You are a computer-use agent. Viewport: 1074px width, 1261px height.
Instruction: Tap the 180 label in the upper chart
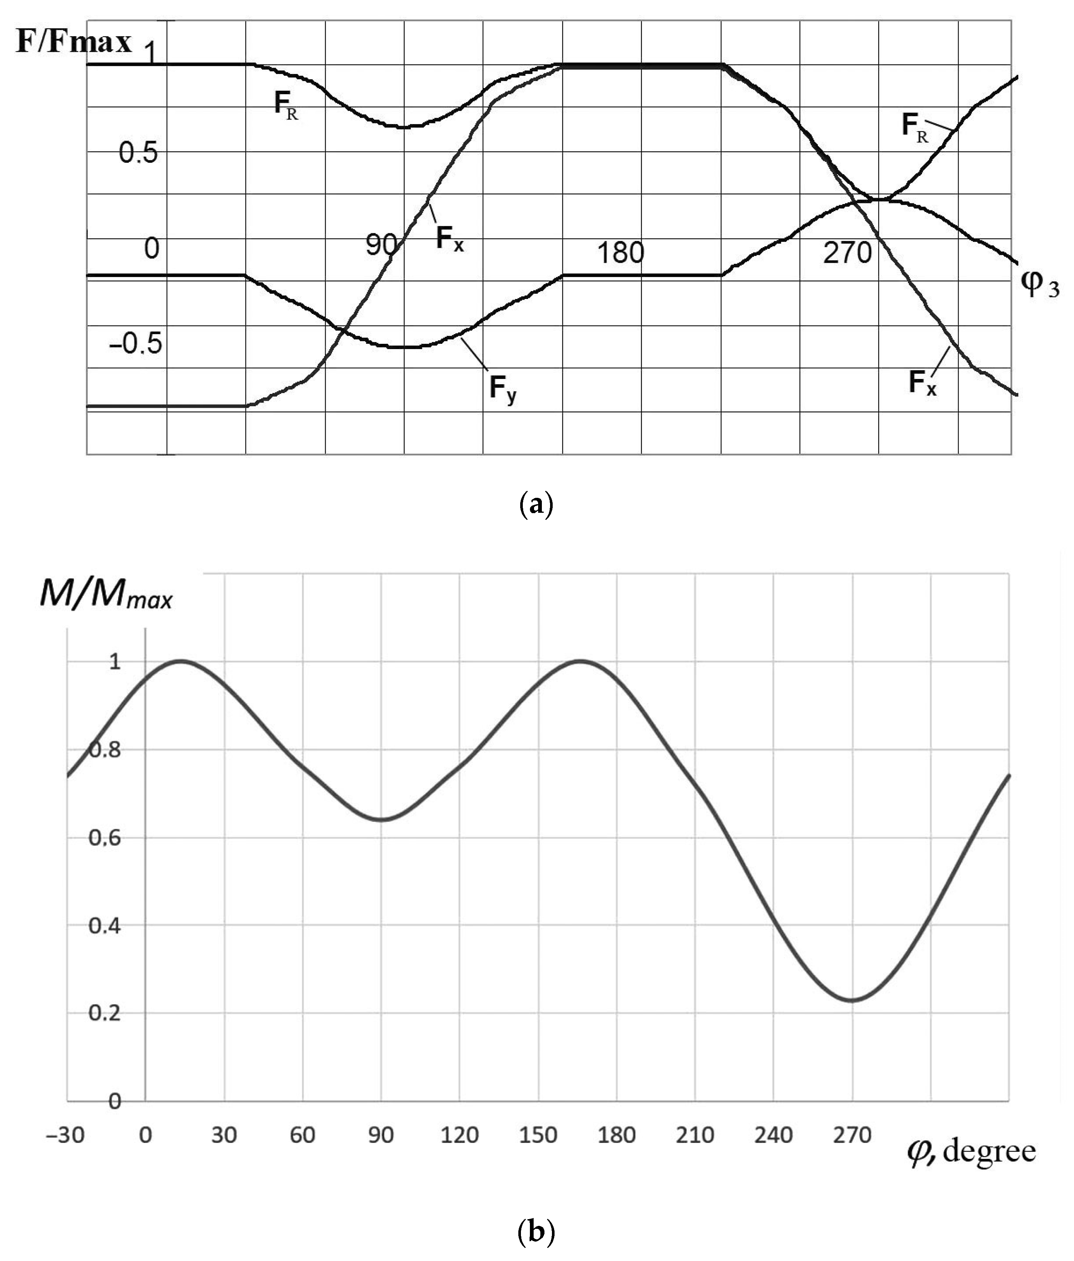620,252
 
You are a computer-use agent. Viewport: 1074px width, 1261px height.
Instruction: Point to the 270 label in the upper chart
847,252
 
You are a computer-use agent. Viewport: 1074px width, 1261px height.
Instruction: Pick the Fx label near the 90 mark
449,238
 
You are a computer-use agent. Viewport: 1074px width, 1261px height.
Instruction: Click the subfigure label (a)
537,506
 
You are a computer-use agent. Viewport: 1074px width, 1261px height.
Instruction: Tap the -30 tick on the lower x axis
65,1135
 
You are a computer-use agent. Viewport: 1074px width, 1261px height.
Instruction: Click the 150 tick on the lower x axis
538,1135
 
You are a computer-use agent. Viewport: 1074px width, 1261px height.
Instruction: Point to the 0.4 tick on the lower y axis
105,926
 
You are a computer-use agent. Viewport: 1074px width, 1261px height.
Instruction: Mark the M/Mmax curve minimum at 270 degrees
853,1000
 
